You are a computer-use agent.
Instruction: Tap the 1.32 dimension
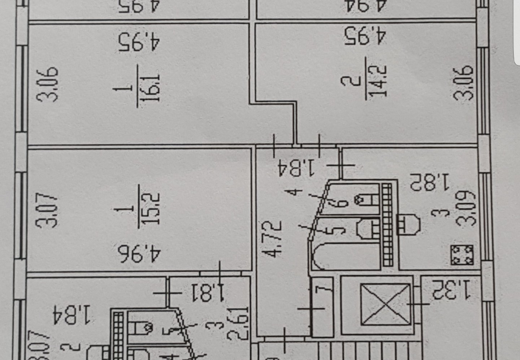coord(451,290)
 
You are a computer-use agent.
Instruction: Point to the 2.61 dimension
coord(239,323)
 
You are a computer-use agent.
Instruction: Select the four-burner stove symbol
coord(462,255)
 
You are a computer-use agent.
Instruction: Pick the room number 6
coord(342,199)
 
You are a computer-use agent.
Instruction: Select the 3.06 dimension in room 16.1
coord(48,84)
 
